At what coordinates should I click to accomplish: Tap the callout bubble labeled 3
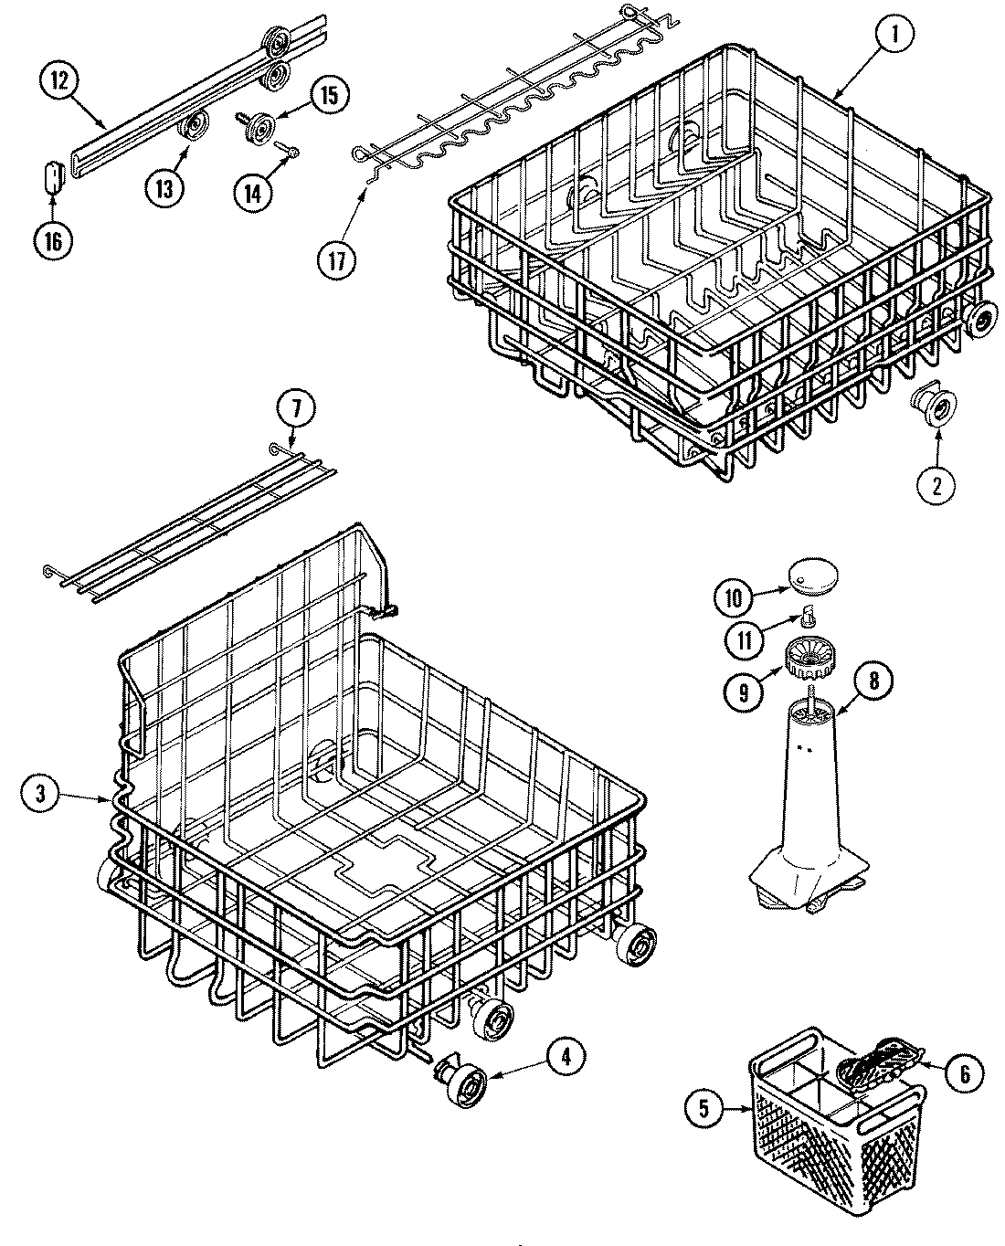click(38, 795)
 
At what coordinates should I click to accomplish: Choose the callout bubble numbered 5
click(703, 1108)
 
